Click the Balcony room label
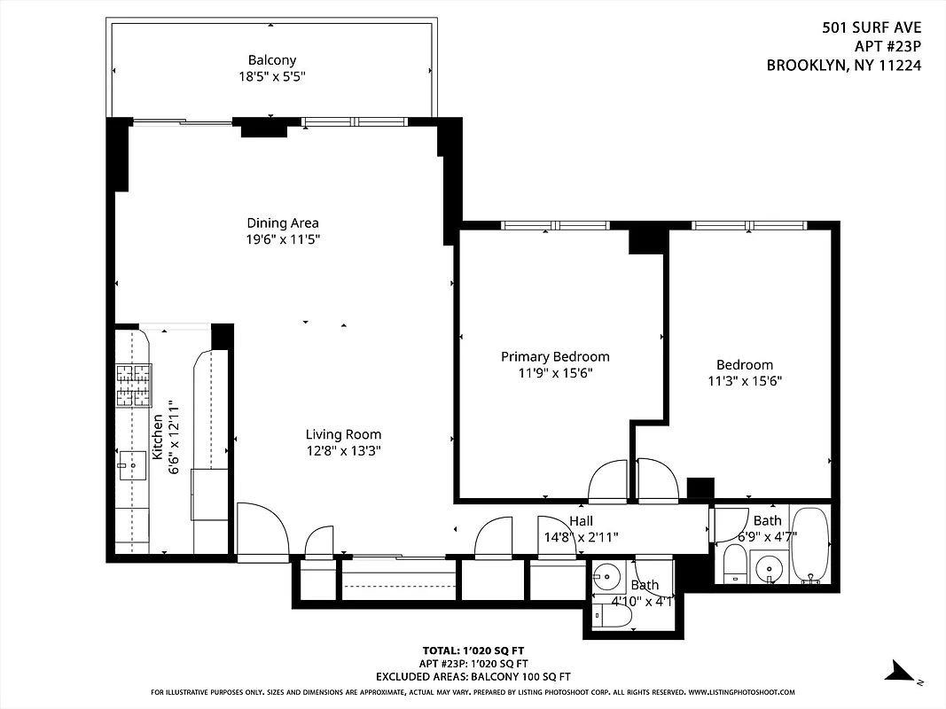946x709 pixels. [x=272, y=60]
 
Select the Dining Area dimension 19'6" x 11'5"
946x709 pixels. [x=282, y=239]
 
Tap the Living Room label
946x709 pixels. [x=343, y=434]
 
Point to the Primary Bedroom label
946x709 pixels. [x=555, y=356]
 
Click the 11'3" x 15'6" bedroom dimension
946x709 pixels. [x=745, y=381]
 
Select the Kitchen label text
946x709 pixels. [x=158, y=436]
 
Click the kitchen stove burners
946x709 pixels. [x=133, y=386]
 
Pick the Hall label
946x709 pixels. [x=581, y=521]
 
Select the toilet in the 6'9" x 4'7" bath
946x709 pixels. [x=734, y=564]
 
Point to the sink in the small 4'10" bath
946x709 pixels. [x=607, y=578]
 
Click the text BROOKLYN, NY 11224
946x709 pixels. [x=843, y=66]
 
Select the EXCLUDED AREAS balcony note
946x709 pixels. [x=473, y=676]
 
